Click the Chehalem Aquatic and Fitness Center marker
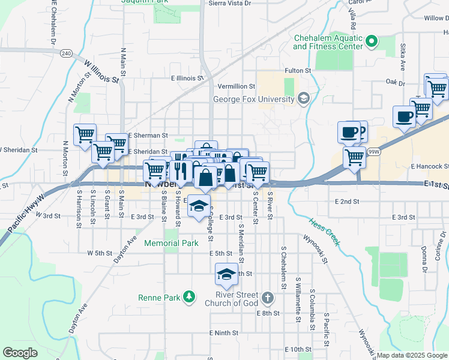372,41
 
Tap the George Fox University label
255,98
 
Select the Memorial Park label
171,243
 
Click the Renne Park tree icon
189,296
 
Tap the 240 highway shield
65,53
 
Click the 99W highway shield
374,152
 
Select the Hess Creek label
325,232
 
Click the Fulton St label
297,70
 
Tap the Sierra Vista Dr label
229,3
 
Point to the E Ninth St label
224,332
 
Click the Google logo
20,353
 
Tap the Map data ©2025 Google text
412,355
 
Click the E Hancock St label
430,166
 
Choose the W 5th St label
100,253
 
